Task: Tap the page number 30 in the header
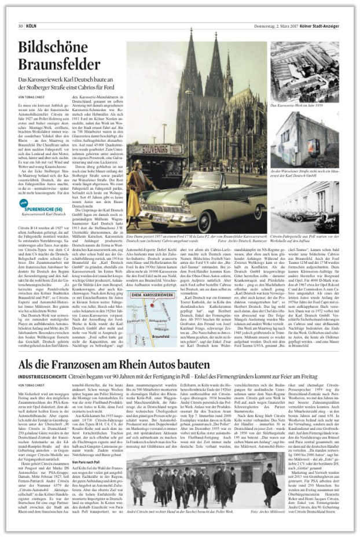click(20, 25)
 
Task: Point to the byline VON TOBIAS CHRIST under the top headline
click(34, 95)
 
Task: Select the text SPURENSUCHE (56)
click(44, 189)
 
